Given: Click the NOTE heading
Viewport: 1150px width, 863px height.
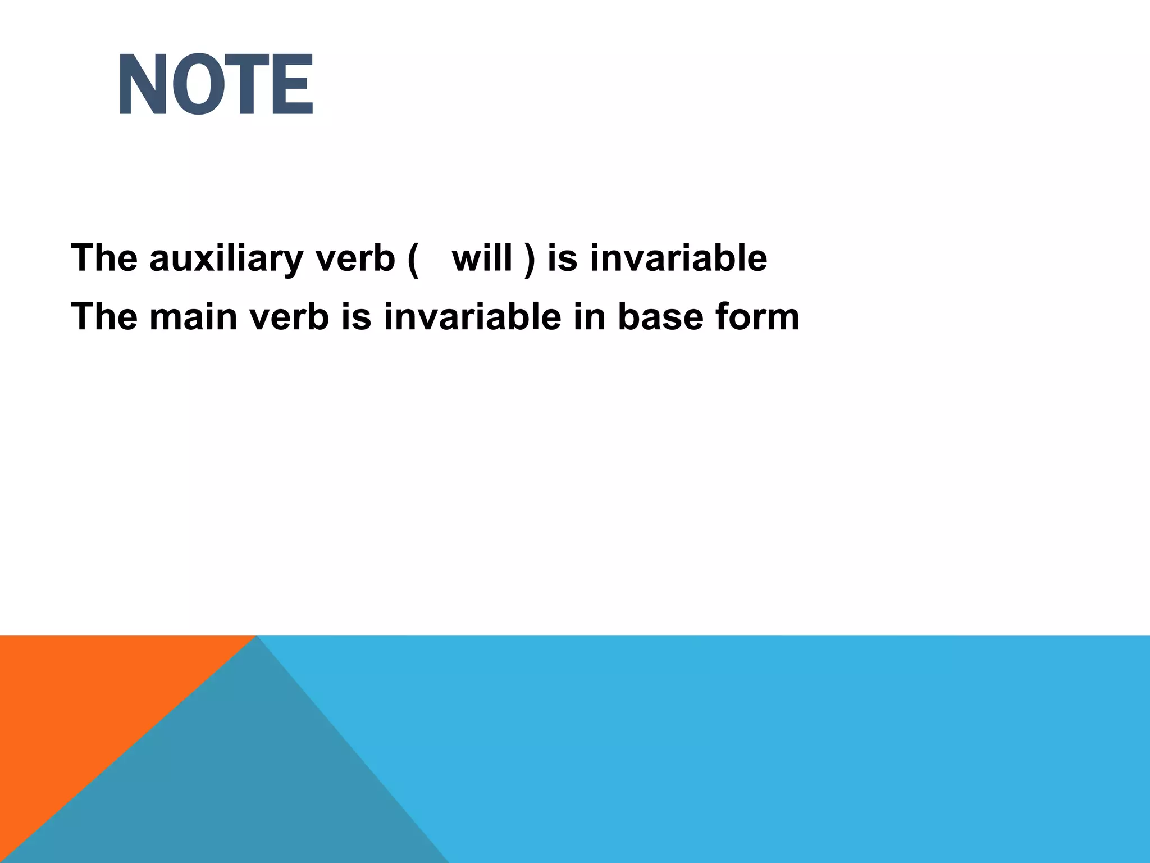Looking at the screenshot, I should [216, 85].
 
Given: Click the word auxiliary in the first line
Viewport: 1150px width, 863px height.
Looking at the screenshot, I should [226, 258].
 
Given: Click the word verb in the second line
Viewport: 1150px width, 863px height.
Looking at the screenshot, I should [289, 317].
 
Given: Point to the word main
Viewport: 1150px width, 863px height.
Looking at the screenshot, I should [193, 317].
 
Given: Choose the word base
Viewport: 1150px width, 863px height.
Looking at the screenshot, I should [661, 317].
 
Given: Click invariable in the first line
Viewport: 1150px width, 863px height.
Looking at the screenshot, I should [678, 258].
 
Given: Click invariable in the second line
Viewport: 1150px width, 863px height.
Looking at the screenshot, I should [472, 317].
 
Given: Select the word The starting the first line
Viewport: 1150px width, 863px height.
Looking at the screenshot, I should [104, 258].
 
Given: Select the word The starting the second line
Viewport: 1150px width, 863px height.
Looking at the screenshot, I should [104, 317].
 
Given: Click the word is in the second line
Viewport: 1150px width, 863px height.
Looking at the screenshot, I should [356, 317].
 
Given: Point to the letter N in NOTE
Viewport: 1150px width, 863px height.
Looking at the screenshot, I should [143, 85].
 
